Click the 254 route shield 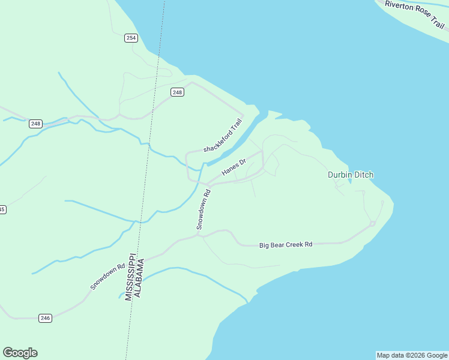coord(131,38)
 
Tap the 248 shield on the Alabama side coord(177,92)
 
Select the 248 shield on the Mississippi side coord(36,124)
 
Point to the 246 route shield coord(45,317)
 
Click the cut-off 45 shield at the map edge coord(2,209)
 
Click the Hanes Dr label coord(234,167)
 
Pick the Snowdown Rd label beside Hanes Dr coord(204,209)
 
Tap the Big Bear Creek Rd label coord(286,245)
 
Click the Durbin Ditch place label coord(351,175)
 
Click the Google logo coord(20,353)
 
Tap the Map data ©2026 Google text coord(412,355)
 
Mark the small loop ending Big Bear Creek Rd coord(373,224)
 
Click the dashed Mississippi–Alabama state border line coord(151,120)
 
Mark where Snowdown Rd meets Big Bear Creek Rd coord(200,235)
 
